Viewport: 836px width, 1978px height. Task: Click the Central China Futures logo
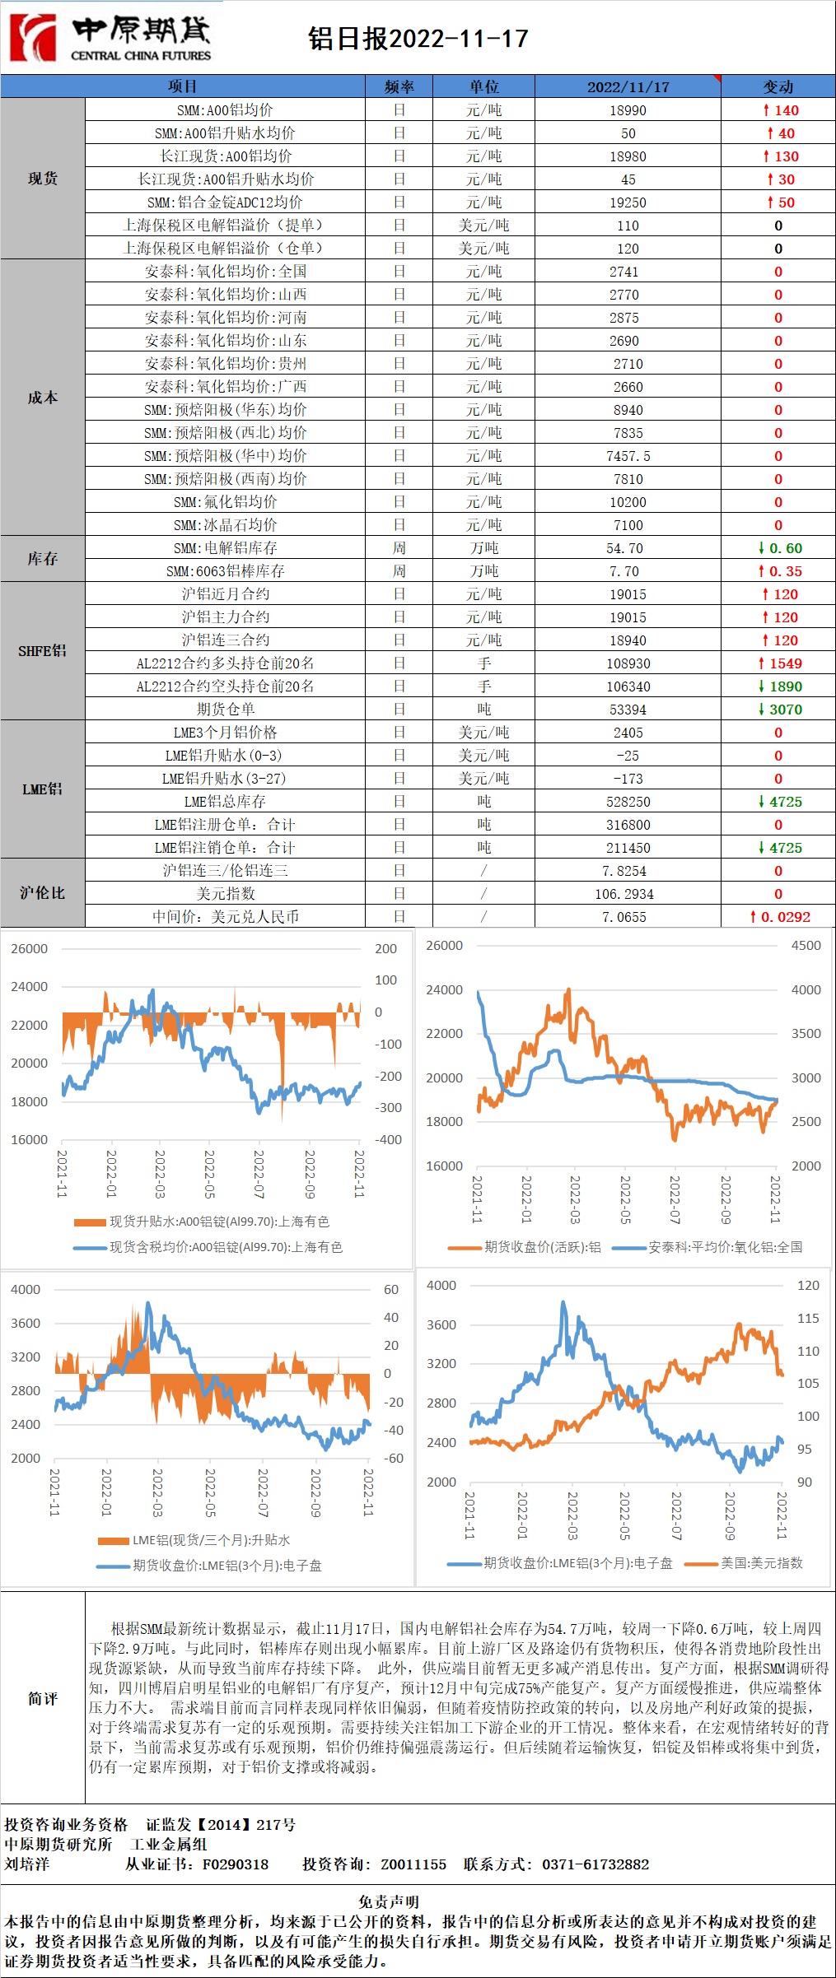tap(111, 38)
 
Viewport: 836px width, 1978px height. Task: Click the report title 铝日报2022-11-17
tap(418, 39)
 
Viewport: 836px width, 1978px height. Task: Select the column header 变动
tap(778, 86)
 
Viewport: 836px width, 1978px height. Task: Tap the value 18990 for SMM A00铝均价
tap(628, 110)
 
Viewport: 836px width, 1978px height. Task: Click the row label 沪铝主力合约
tap(225, 617)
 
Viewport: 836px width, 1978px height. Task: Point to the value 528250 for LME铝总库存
tap(628, 802)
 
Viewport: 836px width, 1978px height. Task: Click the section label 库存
tap(43, 559)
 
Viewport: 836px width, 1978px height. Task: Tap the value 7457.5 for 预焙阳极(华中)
tap(628, 456)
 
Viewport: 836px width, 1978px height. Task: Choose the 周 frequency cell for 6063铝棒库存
tap(399, 571)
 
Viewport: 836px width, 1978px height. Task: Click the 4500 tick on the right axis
tap(806, 946)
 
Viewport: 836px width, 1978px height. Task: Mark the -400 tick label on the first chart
tap(388, 1140)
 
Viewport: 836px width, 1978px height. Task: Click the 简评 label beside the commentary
tap(43, 1698)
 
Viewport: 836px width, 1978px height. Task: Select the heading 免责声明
tap(389, 1901)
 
